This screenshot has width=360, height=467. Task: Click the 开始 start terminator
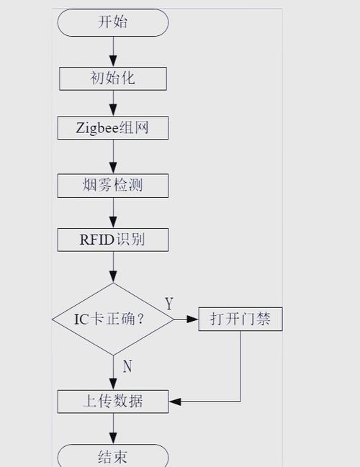click(x=113, y=22)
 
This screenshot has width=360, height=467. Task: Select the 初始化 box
click(x=113, y=77)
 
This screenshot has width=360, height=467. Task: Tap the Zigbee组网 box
click(x=113, y=129)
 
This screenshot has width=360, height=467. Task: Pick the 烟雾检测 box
click(x=113, y=185)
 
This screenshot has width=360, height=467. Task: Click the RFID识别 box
click(x=113, y=240)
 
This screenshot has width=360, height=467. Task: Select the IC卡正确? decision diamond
click(x=113, y=318)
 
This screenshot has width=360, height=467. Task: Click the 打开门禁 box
click(x=240, y=319)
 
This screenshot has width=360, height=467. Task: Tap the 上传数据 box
click(x=113, y=401)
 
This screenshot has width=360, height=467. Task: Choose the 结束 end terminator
click(x=113, y=456)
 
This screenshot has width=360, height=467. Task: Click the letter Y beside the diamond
click(x=168, y=304)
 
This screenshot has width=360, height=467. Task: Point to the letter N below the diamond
click(x=127, y=366)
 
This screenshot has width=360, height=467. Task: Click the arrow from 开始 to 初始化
click(x=113, y=52)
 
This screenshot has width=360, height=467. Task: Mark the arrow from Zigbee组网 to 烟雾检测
click(x=113, y=157)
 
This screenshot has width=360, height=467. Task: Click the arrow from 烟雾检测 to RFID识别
click(x=113, y=213)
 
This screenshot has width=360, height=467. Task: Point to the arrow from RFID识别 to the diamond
click(x=113, y=267)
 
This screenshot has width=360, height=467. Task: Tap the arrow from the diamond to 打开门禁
click(x=186, y=319)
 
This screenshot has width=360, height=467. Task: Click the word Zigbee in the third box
click(x=96, y=129)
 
